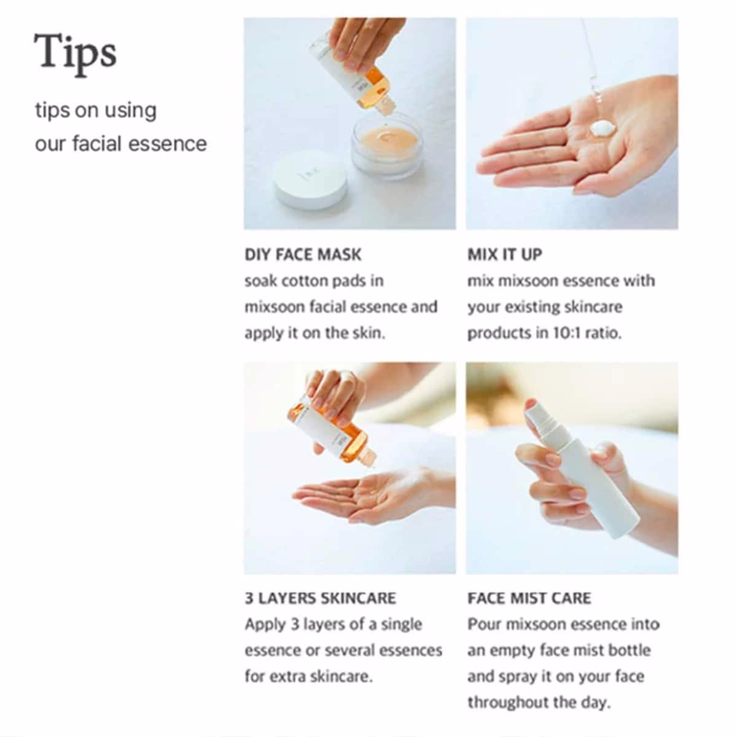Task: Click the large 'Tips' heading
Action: (76, 53)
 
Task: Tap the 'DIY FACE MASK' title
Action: (303, 255)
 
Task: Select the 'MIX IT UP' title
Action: (505, 255)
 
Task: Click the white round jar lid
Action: (311, 180)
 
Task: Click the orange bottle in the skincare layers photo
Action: (332, 433)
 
